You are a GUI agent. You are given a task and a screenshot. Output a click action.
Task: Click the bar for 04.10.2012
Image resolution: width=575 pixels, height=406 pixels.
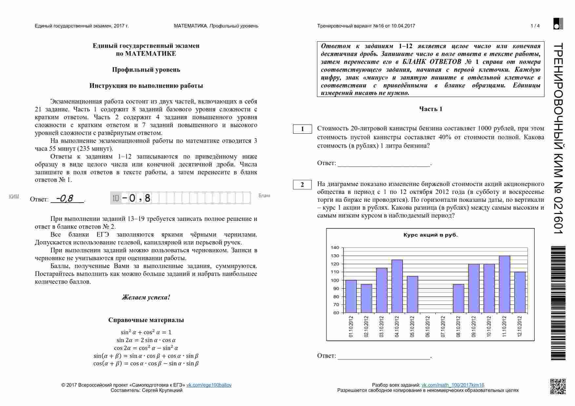coord(397,286)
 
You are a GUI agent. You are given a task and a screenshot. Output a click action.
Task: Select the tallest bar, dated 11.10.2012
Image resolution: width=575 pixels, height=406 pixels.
coord(505,284)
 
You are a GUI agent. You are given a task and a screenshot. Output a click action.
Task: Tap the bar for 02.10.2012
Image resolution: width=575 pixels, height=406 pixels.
coord(366,298)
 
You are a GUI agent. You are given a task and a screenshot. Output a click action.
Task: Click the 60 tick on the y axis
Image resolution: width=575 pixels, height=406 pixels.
coord(336,313)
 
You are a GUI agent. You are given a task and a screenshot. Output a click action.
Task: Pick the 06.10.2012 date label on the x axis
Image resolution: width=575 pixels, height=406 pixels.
coord(427,326)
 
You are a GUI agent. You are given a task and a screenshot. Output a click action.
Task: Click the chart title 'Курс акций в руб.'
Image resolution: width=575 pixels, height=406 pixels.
coord(430,235)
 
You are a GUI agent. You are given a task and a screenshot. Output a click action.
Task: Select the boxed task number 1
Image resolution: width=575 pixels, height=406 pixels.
coord(302,129)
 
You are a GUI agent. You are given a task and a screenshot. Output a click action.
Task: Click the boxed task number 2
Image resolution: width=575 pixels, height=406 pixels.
coord(302,185)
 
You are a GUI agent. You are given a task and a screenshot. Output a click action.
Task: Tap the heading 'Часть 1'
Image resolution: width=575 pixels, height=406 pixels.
coord(430,109)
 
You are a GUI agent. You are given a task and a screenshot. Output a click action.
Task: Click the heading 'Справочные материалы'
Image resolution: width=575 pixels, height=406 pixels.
coord(146,320)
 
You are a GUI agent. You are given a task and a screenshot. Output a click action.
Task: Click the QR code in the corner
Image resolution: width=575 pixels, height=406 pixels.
coord(558,386)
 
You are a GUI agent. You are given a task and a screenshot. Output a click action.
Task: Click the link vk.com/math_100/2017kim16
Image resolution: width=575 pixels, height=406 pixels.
coord(452,385)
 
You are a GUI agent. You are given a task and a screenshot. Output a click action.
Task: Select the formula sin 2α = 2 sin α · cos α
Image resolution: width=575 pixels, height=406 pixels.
coord(146,340)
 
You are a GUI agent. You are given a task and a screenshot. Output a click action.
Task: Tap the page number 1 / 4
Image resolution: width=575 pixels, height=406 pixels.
coord(535,26)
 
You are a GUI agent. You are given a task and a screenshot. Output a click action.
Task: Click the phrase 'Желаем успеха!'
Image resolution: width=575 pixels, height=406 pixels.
coord(146,298)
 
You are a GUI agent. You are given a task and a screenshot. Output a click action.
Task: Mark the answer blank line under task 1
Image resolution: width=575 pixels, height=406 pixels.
coord(384,166)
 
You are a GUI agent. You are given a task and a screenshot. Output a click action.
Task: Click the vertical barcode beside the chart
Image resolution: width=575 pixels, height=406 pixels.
coord(558,303)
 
